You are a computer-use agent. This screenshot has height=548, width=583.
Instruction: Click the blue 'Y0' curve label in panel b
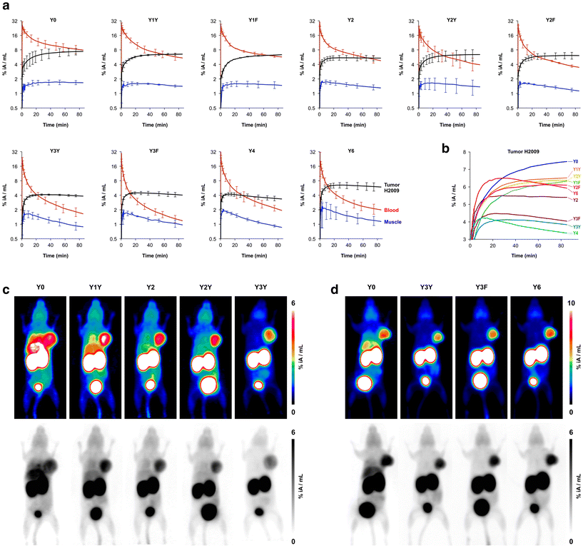(575, 161)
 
